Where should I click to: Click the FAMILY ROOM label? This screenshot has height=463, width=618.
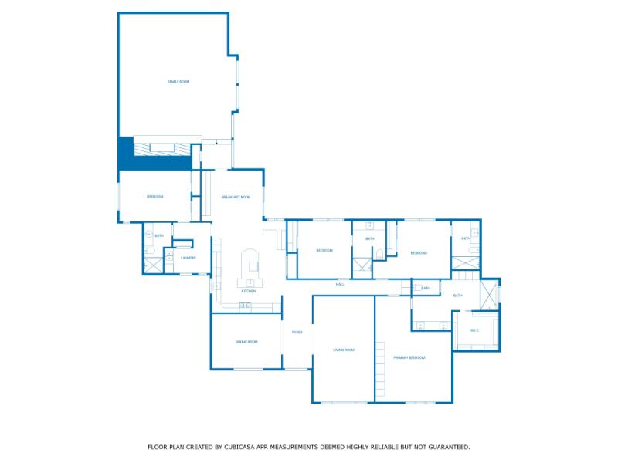(178, 81)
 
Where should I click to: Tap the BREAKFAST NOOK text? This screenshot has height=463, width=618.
(236, 197)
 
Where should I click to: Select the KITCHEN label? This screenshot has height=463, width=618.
(249, 291)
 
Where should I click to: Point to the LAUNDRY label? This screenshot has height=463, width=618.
(188, 258)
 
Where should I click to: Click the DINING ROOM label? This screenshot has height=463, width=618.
(246, 341)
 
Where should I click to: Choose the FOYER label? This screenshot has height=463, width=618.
(297, 332)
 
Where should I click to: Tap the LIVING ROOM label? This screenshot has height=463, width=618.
(343, 350)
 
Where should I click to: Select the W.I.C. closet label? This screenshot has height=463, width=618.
(474, 330)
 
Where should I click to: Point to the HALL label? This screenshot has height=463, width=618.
(340, 284)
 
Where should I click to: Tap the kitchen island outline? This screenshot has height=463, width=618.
(251, 267)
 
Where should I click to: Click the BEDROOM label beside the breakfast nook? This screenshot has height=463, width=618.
(155, 197)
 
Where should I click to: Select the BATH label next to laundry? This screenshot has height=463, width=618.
(159, 235)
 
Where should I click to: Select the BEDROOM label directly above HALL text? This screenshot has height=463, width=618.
(324, 250)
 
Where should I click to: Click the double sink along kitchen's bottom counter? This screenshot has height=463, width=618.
(245, 306)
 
